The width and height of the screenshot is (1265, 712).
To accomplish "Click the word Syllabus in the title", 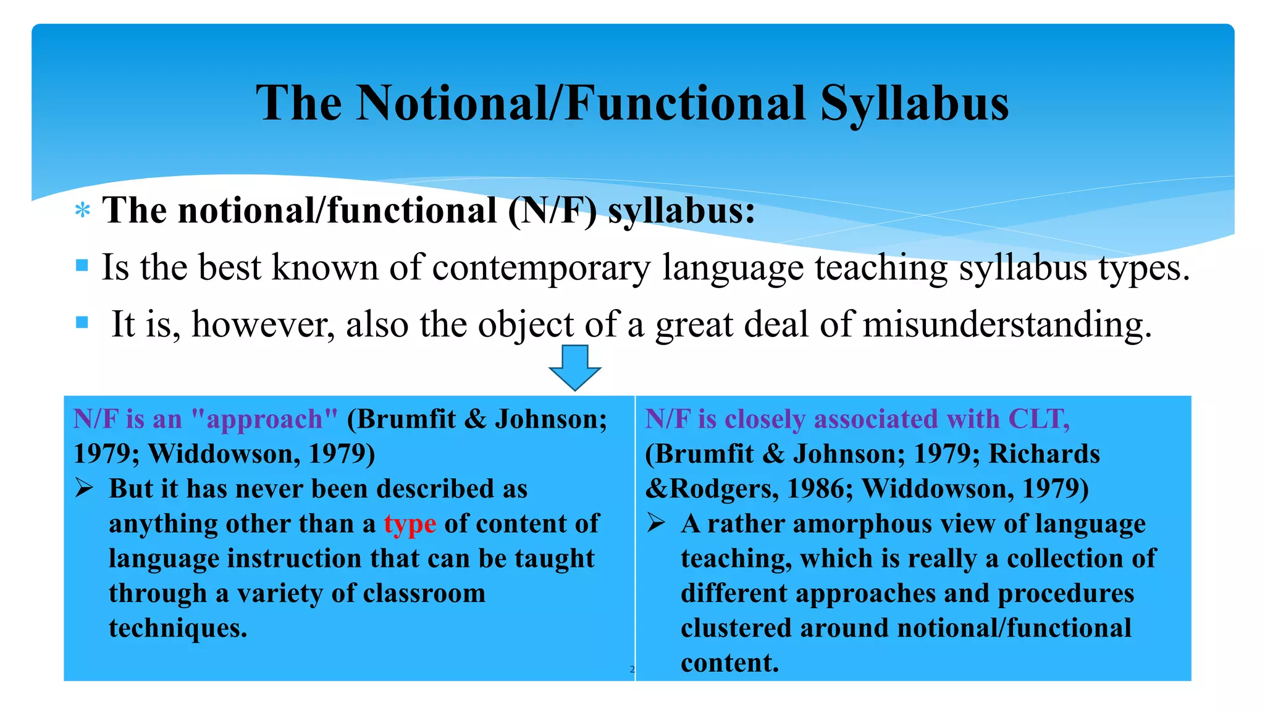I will [x=914, y=103].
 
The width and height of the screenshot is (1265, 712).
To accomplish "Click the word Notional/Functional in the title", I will [x=581, y=103].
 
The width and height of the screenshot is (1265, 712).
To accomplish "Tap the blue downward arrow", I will [x=574, y=367].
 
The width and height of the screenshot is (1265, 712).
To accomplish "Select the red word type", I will [x=410, y=524].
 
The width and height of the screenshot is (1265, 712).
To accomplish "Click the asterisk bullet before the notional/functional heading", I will [x=82, y=211].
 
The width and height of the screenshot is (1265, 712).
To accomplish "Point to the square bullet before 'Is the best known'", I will [x=82, y=266].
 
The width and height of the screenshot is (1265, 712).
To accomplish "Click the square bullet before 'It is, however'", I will [x=82, y=322].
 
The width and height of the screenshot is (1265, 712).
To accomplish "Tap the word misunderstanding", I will [x=1007, y=324].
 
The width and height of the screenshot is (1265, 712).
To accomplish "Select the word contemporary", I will [x=541, y=268].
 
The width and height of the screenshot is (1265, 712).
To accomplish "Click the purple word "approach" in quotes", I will [x=265, y=419].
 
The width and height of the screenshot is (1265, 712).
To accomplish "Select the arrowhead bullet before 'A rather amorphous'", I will [x=656, y=523].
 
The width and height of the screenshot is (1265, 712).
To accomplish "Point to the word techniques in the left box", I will [x=178, y=628].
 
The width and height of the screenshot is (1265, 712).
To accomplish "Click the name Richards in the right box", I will [x=1044, y=454].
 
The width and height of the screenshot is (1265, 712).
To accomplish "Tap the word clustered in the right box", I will [x=736, y=628].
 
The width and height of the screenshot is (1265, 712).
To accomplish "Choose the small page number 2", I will [x=632, y=669].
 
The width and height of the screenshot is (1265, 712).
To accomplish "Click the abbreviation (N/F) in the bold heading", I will [x=553, y=211].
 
